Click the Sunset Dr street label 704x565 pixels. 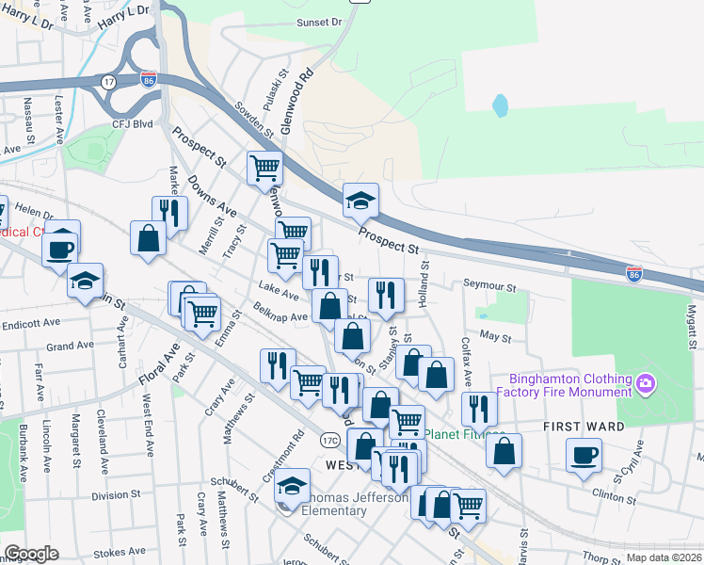[316, 23]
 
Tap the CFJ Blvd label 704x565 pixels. [132, 122]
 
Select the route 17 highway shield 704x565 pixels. [109, 81]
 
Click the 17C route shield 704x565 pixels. [329, 440]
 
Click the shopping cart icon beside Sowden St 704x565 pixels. [265, 169]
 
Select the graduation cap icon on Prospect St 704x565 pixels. [360, 200]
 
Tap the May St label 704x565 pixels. [494, 335]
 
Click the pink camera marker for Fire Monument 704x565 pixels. [645, 383]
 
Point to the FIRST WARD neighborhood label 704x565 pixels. [584, 427]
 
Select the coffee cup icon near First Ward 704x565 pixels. [584, 456]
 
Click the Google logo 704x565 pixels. [31, 554]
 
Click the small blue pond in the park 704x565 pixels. [500, 105]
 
